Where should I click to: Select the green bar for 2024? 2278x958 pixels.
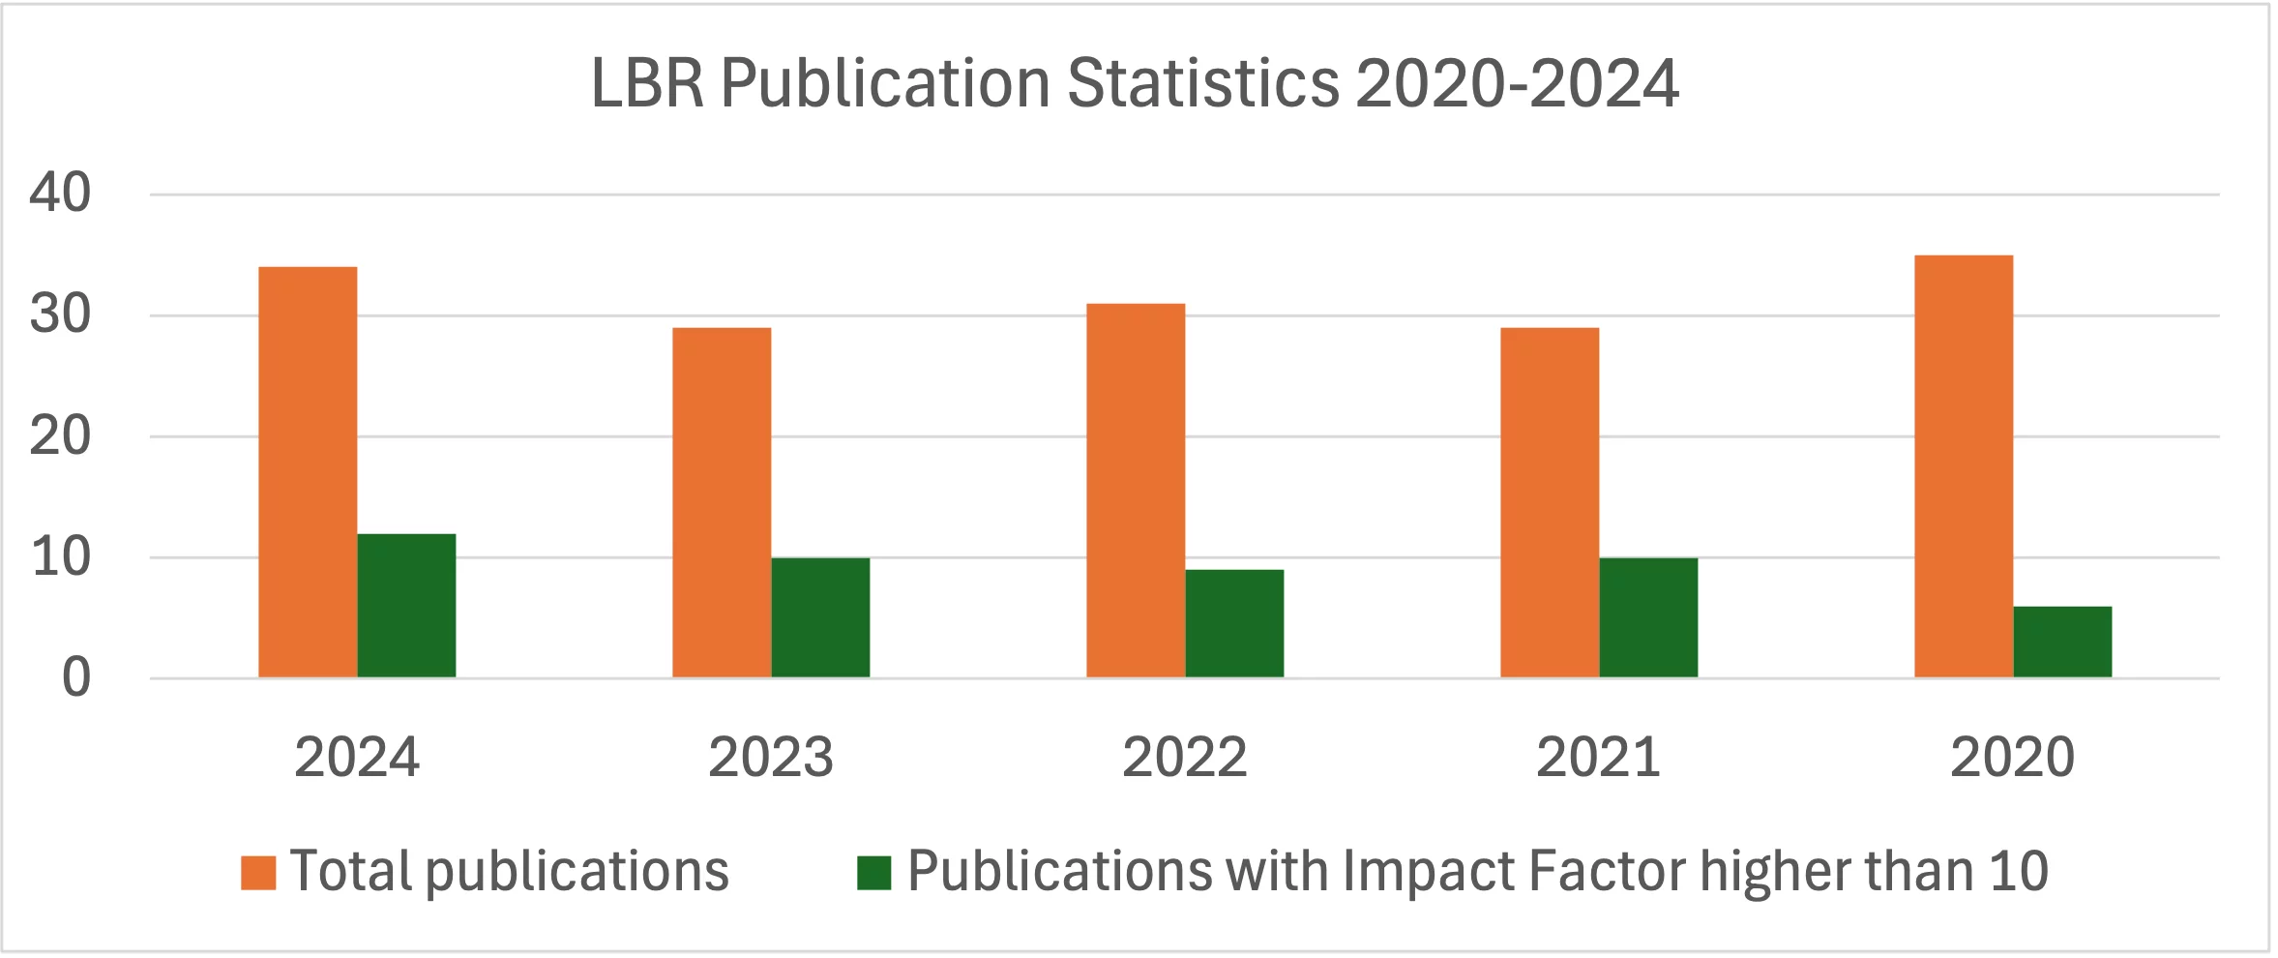coord(406,606)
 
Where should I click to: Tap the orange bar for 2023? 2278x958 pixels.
coord(722,502)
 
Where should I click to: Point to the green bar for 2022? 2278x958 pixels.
coord(1234,623)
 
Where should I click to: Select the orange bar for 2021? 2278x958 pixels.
coord(1550,502)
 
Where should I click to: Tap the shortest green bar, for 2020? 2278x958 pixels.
coord(2062,642)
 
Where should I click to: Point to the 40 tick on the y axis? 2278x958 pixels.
coord(60,193)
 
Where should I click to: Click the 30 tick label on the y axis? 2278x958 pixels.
coord(60,314)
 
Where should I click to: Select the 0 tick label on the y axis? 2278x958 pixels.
coord(75,677)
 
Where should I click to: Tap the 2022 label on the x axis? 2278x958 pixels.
coord(1184,757)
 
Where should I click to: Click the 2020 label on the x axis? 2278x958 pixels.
coord(2012,757)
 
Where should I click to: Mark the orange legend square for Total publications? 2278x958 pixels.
coord(258,872)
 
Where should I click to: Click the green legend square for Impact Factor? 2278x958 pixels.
coord(873,872)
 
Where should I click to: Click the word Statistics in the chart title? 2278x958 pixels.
coord(1202,83)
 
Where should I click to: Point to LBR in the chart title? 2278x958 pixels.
coord(647,83)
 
